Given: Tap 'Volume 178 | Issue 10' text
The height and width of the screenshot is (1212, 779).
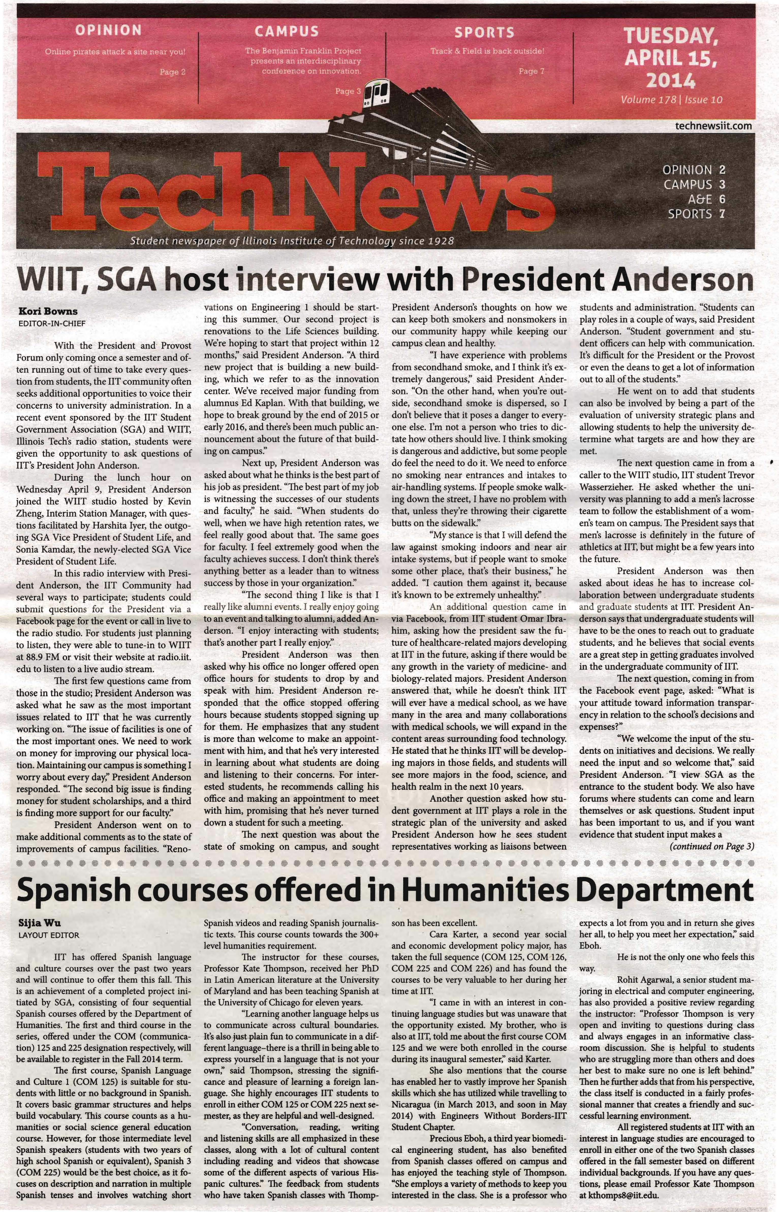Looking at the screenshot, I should (671, 100).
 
